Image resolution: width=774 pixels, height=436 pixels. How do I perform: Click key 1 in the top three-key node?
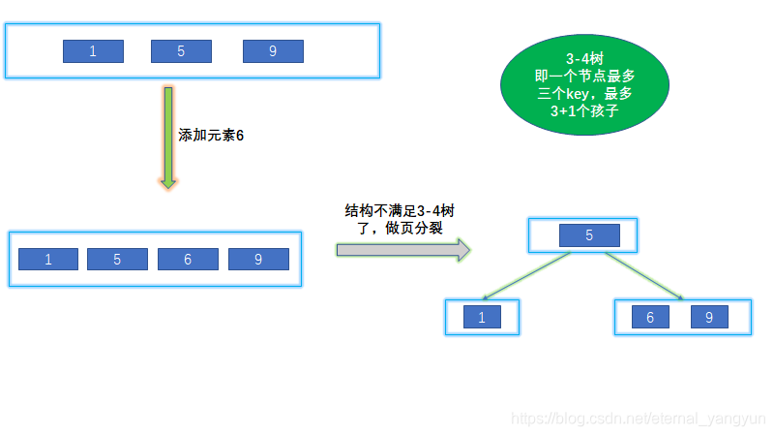click(x=93, y=51)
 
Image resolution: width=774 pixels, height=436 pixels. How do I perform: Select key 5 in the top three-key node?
click(x=181, y=51)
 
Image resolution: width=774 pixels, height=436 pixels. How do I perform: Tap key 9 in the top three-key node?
click(x=273, y=51)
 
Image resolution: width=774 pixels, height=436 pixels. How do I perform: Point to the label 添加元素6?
click(x=212, y=136)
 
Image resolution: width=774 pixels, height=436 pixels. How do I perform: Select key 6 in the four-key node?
click(x=188, y=259)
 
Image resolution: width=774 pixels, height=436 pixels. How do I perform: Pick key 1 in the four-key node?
click(x=48, y=259)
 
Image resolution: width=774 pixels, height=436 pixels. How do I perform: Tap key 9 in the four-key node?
click(x=258, y=259)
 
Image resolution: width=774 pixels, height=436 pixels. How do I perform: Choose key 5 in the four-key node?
click(x=117, y=259)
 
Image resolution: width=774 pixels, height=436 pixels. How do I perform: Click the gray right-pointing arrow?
click(x=402, y=250)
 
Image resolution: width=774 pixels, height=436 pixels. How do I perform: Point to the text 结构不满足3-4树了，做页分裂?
click(x=401, y=219)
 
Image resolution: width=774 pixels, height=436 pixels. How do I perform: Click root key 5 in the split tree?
click(x=589, y=234)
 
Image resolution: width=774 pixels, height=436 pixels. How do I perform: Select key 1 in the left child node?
click(x=482, y=317)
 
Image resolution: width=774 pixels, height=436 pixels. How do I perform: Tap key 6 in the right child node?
click(x=650, y=317)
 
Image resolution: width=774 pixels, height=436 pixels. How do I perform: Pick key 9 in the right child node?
click(x=709, y=317)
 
